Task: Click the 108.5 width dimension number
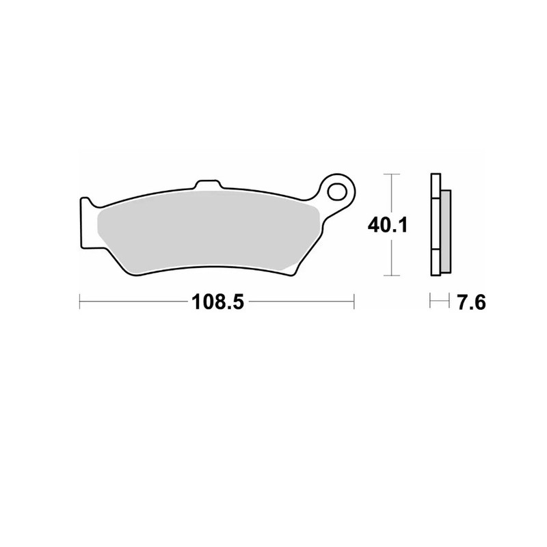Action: (x=217, y=302)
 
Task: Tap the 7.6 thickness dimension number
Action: (x=471, y=302)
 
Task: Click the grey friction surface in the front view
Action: (x=205, y=232)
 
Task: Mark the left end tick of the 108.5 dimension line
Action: (x=80, y=302)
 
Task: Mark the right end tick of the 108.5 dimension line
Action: (x=353, y=302)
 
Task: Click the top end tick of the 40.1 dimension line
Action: (x=390, y=175)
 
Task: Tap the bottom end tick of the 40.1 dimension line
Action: (x=390, y=276)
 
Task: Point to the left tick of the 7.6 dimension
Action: (x=430, y=302)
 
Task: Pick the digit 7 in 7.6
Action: (x=462, y=302)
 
